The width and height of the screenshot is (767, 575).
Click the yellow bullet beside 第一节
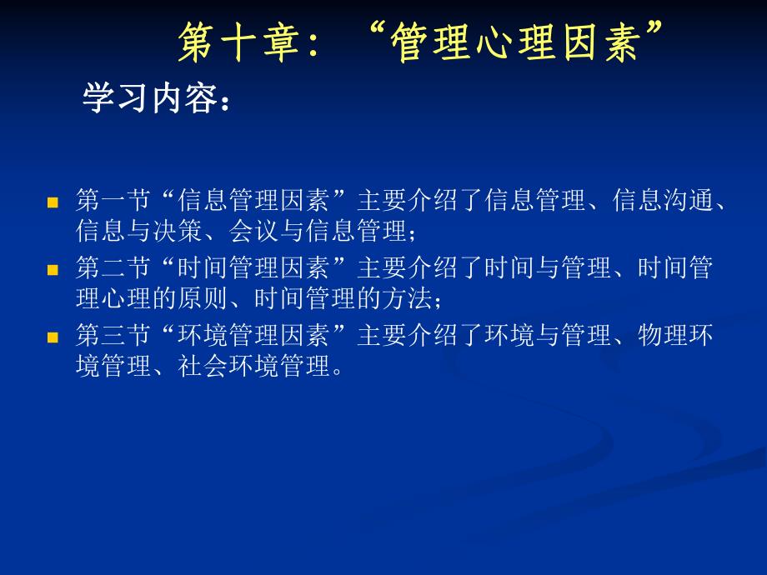pos(53,202)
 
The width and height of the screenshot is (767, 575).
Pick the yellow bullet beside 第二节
pos(53,270)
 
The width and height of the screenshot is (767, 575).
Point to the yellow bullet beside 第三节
pos(53,338)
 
